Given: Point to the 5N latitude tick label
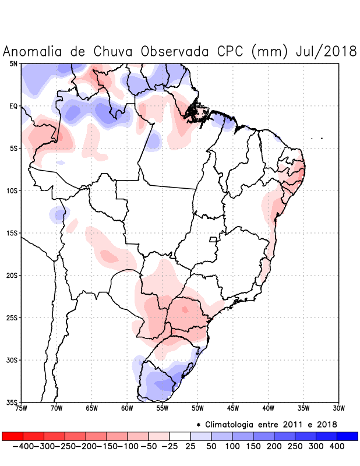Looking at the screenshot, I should pos(13,63).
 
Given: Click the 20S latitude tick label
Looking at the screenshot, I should pos(12,276).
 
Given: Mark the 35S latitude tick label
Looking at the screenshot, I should pos(12,403).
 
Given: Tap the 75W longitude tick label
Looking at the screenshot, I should pos(22,408).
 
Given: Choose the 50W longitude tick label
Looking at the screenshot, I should pos(197,408).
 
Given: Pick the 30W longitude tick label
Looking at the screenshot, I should pos(338,408).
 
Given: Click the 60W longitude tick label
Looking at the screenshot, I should pos(127,408).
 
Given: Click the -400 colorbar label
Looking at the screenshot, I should pos(23,446).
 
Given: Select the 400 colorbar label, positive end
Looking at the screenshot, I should pos(337,446).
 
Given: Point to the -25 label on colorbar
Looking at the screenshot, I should pos(169,446).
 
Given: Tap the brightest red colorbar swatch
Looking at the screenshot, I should pos(12,436).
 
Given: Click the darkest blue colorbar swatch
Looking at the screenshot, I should pos(347,436).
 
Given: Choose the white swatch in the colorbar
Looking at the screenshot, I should pos(179,436).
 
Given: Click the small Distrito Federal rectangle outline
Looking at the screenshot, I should pos(213,239).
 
